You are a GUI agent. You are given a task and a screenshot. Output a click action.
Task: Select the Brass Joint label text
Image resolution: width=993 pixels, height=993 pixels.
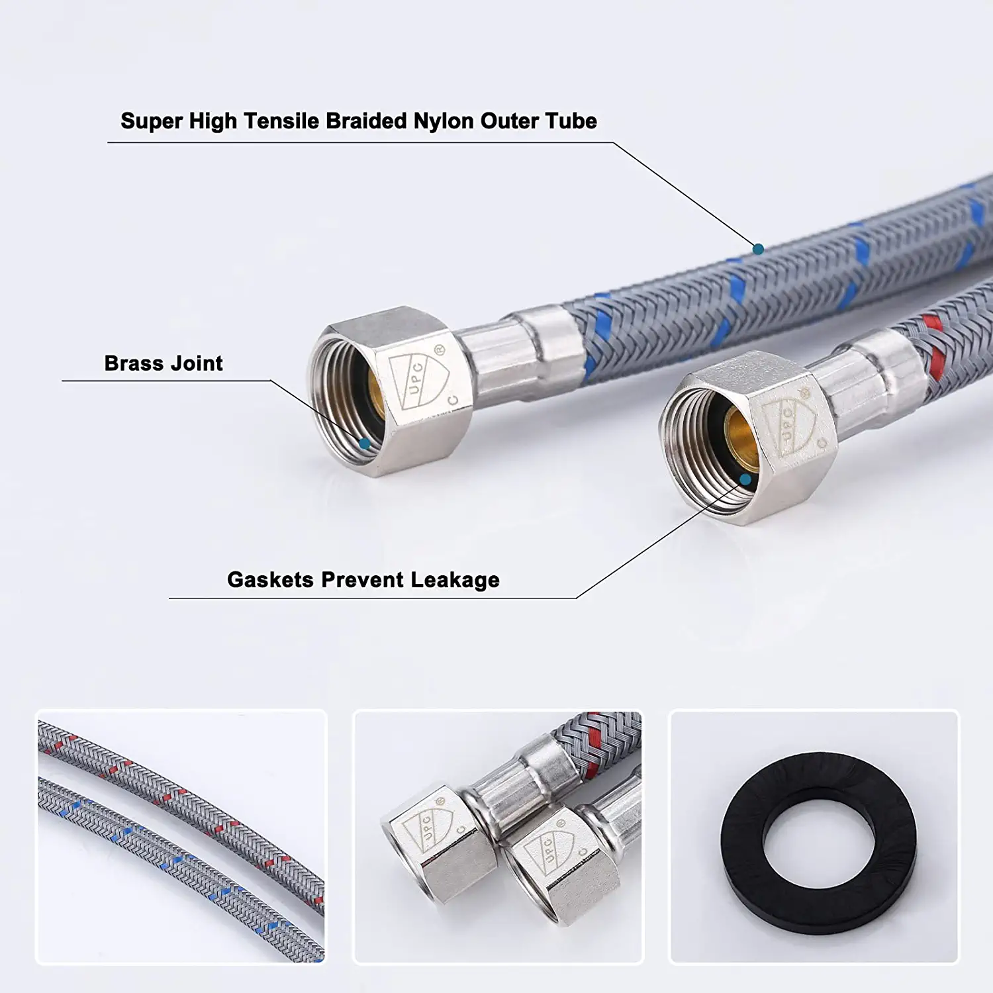(x=164, y=363)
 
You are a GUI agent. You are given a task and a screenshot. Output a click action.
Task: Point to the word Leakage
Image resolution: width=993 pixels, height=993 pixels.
(x=455, y=581)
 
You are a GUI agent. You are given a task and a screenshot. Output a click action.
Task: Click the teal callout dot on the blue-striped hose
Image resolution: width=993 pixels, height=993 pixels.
(x=759, y=249)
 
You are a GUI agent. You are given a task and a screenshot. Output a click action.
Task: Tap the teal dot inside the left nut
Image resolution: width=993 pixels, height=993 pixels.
(x=364, y=444)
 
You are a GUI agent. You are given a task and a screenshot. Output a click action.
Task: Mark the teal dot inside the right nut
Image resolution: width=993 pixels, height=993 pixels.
(x=746, y=479)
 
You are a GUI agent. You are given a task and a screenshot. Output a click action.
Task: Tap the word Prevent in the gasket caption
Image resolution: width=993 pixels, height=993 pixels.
(x=362, y=580)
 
